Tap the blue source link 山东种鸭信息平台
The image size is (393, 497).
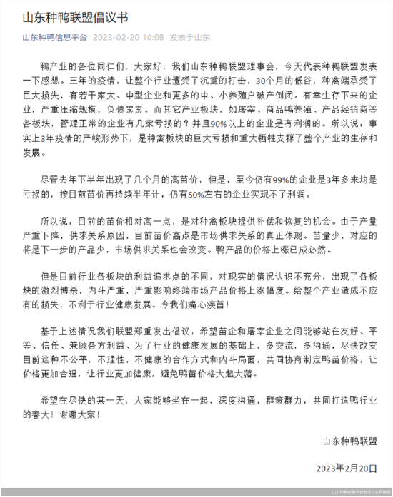[55, 37]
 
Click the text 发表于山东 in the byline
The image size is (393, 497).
[190, 37]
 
